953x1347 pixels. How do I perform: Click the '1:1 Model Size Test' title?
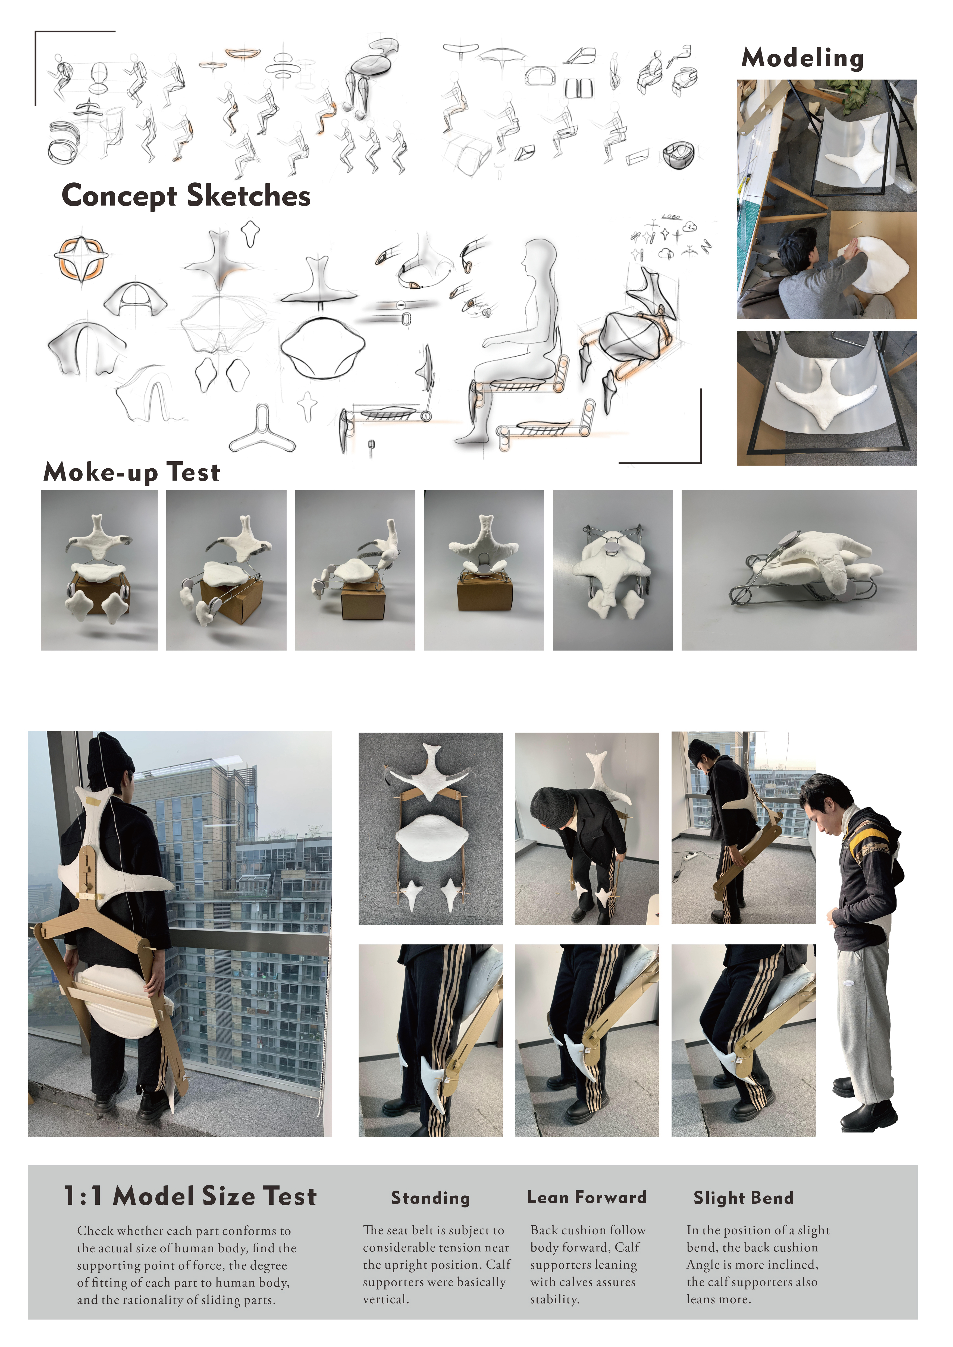click(190, 1196)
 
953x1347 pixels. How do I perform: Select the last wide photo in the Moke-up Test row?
click(799, 570)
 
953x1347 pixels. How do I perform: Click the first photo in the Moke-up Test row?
click(99, 570)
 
